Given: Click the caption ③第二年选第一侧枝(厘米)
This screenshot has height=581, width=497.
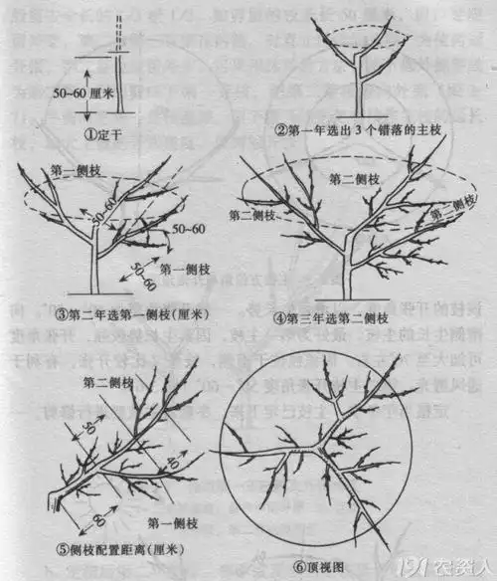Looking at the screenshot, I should click(x=126, y=314).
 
